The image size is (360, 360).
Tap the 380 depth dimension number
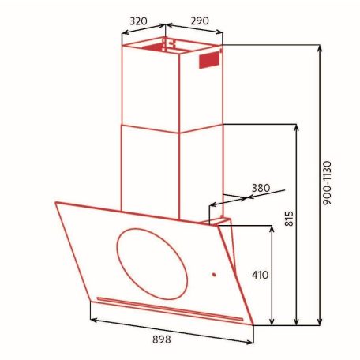pyautogui.click(x=261, y=188)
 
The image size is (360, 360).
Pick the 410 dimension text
pyautogui.click(x=261, y=276)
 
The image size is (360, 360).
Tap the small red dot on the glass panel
pyautogui.click(x=213, y=276)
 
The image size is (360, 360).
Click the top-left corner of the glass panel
pyautogui.click(x=55, y=203)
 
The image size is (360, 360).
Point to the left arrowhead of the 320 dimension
pyautogui.click(x=123, y=33)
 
